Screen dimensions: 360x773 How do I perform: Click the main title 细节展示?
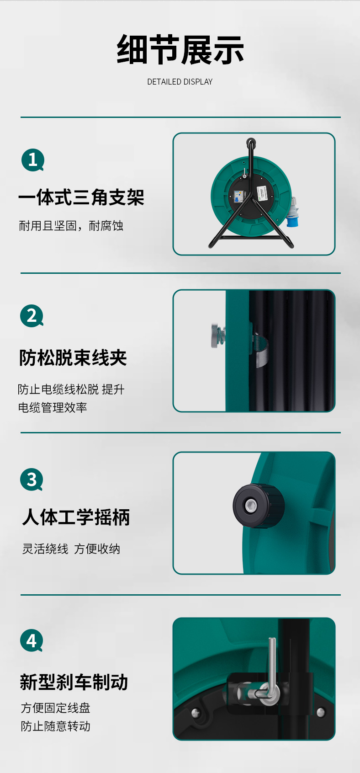coord(180,50)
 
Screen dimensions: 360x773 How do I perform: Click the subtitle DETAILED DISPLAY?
coord(180,82)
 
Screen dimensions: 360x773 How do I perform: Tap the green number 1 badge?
coord(33,160)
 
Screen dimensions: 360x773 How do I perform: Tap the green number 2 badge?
coord(32,316)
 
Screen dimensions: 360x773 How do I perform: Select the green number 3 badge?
coord(32,480)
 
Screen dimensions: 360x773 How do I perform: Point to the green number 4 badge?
coord(32,640)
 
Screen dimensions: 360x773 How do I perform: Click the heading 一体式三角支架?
coord(81,197)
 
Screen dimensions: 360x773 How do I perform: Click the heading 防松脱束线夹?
coord(73,357)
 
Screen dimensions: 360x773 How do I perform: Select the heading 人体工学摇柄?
coord(76,517)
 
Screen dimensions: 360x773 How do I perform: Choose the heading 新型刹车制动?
coord(74,682)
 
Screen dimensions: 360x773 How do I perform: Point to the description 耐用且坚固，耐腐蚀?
coord(71,226)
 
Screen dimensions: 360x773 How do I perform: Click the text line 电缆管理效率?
coord(53,408)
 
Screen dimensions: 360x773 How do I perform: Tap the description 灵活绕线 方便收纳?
coord(71,549)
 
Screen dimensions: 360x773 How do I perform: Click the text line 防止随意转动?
coord(56,726)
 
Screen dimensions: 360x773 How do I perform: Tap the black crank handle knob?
coord(258,506)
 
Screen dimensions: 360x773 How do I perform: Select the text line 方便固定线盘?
coord(56,708)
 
